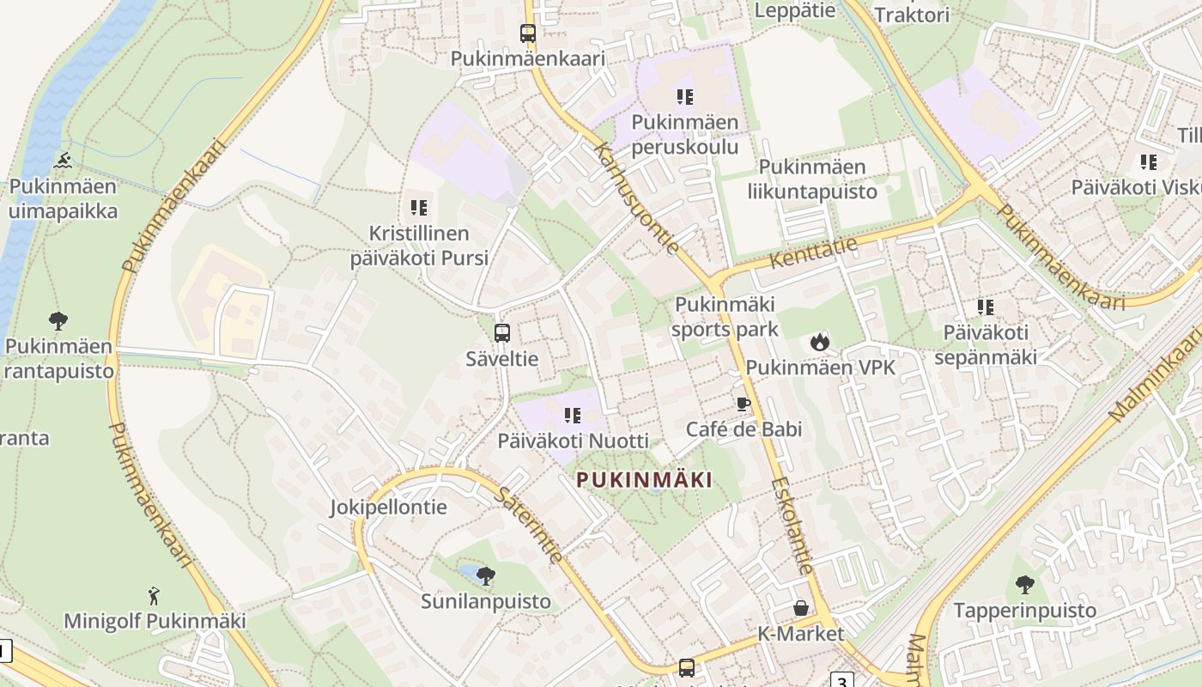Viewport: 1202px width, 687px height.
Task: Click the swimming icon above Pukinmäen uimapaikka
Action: pos(64,161)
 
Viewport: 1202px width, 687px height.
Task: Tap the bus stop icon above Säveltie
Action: pos(502,333)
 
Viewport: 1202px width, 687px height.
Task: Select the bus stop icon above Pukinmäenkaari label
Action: pos(528,33)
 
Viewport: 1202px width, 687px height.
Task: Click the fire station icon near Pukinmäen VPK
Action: pos(820,342)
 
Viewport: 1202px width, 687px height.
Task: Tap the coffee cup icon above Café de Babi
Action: pos(744,403)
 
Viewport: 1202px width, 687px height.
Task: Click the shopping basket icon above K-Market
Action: pos(801,608)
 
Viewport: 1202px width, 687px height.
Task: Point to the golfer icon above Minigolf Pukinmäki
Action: pos(155,595)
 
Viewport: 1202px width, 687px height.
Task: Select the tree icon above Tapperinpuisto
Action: pos(1024,585)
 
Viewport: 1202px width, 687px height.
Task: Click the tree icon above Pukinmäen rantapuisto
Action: pos(58,321)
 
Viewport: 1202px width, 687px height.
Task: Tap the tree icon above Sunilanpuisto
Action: pos(486,575)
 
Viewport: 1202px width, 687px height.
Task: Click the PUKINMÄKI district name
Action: pos(644,480)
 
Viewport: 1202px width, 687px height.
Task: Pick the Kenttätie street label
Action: pos(813,252)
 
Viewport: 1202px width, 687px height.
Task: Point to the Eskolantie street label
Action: pos(791,526)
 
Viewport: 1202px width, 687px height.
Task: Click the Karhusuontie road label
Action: pos(636,198)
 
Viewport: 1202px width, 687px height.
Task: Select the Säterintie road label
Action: pos(530,526)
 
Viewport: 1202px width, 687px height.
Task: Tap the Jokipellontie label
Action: pos(389,507)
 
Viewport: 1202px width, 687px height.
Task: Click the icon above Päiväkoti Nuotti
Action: pos(573,416)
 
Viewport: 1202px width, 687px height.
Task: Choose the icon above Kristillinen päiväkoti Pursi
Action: pos(419,207)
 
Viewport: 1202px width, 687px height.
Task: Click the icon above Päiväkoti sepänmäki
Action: pos(985,307)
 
